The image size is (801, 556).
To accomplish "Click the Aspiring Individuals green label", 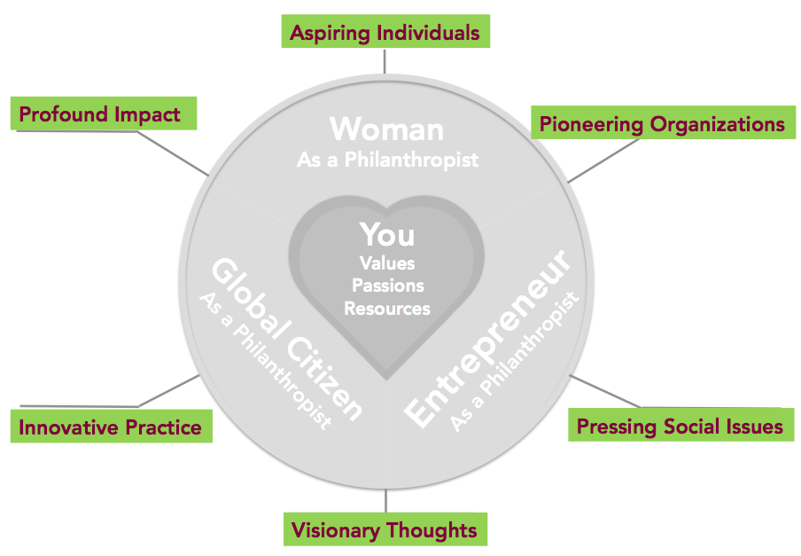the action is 385,31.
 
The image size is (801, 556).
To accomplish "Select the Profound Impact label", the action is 104,114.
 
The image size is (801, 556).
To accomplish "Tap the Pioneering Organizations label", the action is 663,122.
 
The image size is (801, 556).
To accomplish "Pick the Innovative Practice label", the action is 112,427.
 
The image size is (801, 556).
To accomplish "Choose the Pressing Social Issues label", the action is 681,425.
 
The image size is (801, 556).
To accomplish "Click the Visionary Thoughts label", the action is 385,529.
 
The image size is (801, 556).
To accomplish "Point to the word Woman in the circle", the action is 386,129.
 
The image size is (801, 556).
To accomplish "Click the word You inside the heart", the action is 387,235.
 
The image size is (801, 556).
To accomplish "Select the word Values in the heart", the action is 387,263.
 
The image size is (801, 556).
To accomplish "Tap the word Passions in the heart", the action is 388,286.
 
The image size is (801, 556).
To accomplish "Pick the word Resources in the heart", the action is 387,309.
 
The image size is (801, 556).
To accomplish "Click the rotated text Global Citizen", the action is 287,340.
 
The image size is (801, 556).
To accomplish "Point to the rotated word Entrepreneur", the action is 488,340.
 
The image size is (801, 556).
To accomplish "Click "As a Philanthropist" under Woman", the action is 388,160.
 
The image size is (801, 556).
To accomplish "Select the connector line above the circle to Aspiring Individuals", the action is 385,61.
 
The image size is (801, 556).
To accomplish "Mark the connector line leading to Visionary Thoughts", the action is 385,501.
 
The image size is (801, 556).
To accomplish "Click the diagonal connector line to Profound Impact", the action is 173,153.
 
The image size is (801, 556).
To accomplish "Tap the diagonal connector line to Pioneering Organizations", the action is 603,161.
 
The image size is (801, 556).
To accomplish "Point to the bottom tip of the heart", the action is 386,380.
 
